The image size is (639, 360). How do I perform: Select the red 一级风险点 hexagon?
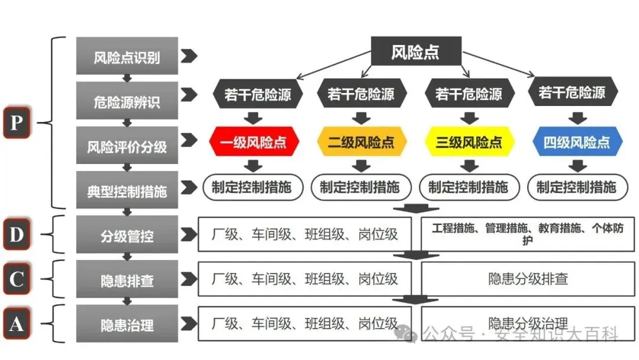(254, 143)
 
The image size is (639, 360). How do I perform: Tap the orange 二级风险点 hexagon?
(361, 143)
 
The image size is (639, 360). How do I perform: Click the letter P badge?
(17, 123)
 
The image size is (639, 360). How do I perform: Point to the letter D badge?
(17, 234)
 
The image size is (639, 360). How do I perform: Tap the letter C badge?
(17, 279)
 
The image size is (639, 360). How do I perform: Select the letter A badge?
(17, 323)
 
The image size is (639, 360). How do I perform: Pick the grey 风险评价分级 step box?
(127, 146)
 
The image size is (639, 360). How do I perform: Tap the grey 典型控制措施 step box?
(127, 190)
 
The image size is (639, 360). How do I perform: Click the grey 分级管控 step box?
(127, 235)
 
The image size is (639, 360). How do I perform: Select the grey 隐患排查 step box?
(127, 279)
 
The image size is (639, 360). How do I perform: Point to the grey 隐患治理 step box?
(127, 324)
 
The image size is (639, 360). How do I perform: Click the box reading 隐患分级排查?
(528, 279)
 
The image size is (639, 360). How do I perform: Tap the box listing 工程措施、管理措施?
(528, 234)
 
